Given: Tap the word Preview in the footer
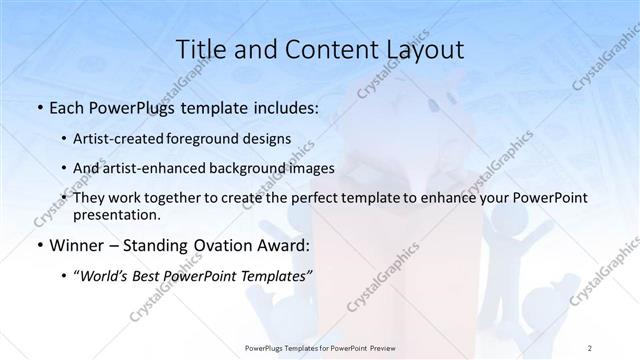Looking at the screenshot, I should (x=375, y=347).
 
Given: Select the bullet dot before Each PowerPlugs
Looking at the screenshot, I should (x=39, y=108).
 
